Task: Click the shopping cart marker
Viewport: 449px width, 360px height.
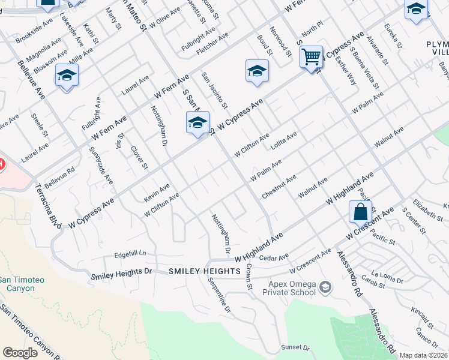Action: (311, 58)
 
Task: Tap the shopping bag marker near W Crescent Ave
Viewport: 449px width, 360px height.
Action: (360, 212)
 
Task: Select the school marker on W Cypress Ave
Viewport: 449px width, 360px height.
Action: (197, 123)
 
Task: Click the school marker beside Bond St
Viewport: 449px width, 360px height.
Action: (257, 71)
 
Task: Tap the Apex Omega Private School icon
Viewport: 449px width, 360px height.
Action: (325, 287)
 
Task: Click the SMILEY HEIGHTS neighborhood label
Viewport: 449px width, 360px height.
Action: (205, 272)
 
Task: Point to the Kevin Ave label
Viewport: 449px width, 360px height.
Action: (157, 193)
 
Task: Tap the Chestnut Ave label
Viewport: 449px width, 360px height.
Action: (279, 187)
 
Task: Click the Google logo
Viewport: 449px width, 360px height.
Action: (20, 353)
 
